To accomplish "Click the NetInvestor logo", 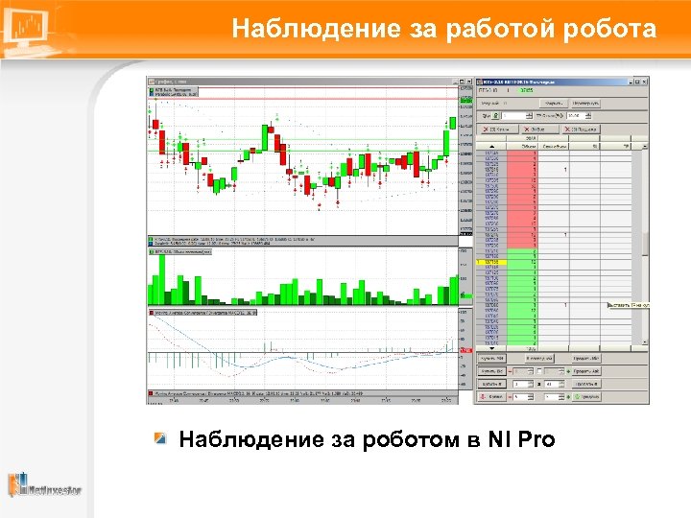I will [45, 485].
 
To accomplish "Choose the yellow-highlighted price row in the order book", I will [491, 261].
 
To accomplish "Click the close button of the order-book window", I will [645, 82].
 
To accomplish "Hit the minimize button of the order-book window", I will [630, 82].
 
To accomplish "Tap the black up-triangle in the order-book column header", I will [491, 147].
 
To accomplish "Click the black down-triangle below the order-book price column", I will [491, 346].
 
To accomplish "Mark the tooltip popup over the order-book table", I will [629, 306].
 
